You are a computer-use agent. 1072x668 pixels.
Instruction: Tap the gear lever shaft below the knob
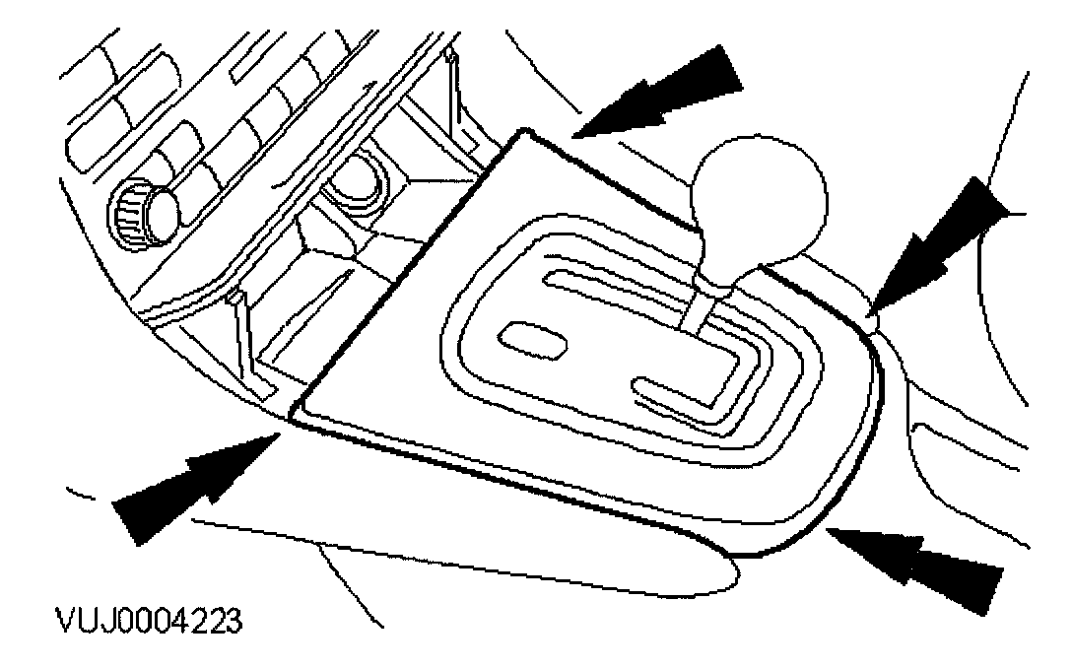(x=701, y=310)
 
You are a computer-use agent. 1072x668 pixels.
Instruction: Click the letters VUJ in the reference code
(x=85, y=623)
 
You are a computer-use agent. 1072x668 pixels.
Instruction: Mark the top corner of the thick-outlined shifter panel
(x=527, y=131)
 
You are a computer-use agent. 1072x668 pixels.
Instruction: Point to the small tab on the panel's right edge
(x=871, y=317)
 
